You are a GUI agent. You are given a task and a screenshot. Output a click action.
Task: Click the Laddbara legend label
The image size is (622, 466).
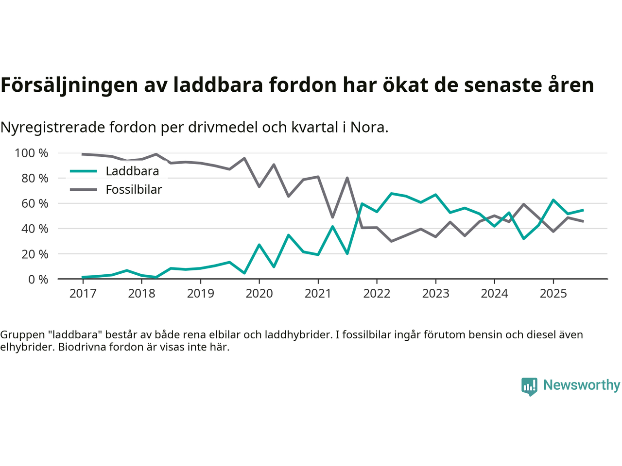tap(132, 171)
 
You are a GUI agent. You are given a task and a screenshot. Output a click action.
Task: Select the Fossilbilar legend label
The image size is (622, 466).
tap(134, 190)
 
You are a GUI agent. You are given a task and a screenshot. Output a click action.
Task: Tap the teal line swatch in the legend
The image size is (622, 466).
tap(84, 171)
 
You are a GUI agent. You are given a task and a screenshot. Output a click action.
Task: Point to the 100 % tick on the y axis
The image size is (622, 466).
tap(32, 153)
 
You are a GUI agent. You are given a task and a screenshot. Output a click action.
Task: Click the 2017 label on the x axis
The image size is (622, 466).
tap(83, 294)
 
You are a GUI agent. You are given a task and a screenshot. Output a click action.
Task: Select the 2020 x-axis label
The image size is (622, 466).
tap(259, 294)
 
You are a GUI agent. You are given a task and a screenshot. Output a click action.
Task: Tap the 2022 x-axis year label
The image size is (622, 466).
tap(377, 294)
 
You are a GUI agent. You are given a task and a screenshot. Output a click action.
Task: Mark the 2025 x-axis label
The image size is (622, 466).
tap(553, 294)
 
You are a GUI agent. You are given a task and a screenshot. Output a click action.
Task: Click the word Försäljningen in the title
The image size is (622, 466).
tap(69, 85)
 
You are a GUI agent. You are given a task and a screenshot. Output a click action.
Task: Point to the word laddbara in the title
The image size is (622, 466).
tap(218, 85)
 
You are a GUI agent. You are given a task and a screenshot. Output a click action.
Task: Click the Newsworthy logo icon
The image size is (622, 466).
tap(529, 386)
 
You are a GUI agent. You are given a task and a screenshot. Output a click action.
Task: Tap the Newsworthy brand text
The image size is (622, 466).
tap(581, 385)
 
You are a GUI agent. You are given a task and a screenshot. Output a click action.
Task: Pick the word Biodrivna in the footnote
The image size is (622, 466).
tap(81, 348)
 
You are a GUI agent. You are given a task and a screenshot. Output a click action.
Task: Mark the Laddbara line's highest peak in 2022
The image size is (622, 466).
tap(391, 194)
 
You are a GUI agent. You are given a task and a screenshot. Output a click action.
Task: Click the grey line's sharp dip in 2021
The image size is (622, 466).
tap(332, 217)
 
